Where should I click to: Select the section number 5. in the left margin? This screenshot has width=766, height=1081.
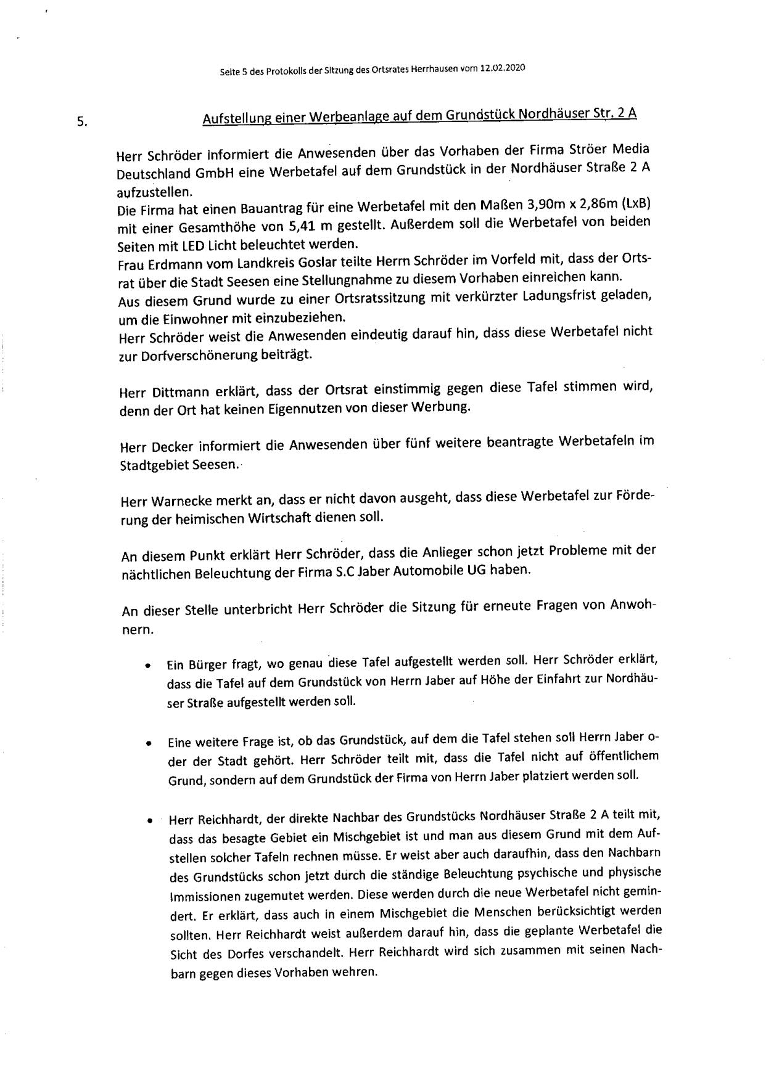[82, 121]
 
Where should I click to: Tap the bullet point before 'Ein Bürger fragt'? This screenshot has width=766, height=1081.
[148, 667]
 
